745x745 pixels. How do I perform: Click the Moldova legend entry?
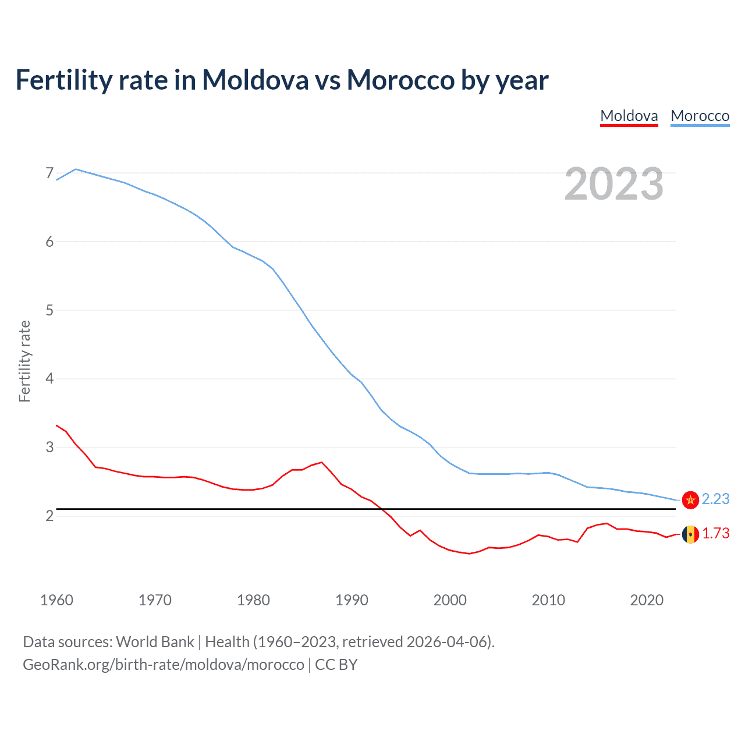[x=629, y=116]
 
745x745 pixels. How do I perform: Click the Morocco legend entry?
[x=700, y=116]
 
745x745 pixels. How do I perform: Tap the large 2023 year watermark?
[x=613, y=184]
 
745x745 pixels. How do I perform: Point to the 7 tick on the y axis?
[x=49, y=173]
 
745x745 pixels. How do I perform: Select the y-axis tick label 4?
[x=49, y=379]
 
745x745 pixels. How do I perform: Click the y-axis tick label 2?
[x=49, y=516]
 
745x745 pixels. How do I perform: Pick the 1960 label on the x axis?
[x=56, y=600]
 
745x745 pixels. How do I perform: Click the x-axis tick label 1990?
[x=352, y=600]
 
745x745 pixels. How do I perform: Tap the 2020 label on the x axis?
[x=647, y=600]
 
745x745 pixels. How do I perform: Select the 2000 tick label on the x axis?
[x=450, y=600]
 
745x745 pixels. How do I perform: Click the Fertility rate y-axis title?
[x=24, y=361]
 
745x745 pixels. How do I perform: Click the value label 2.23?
[x=715, y=499]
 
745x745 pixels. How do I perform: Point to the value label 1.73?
[x=715, y=534]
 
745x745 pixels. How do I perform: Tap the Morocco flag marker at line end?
[x=690, y=500]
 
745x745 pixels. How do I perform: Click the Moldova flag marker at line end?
[x=690, y=534]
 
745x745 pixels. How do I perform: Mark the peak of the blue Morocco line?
[x=76, y=169]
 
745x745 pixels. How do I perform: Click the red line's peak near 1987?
[x=322, y=463]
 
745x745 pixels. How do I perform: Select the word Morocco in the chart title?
[x=400, y=80]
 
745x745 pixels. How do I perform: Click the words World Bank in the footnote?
[x=155, y=642]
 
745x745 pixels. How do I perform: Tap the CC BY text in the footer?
[x=336, y=665]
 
